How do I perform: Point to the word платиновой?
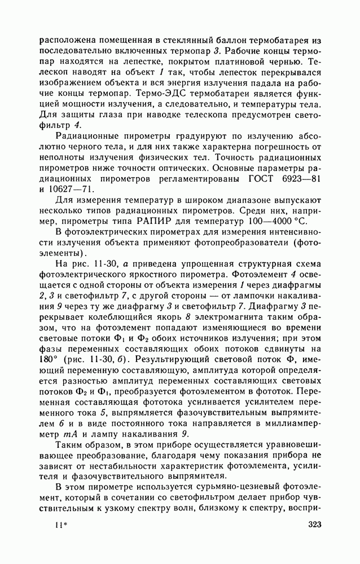[240, 61]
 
